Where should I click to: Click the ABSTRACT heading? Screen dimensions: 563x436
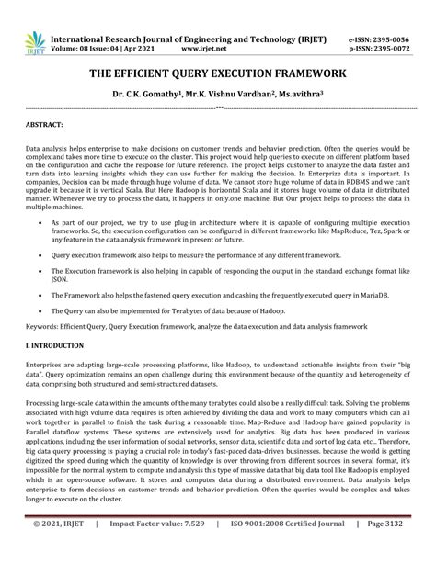pos(44,123)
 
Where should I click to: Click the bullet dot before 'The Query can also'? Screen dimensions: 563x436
pos(37,310)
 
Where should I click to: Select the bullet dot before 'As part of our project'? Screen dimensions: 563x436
pos(37,222)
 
